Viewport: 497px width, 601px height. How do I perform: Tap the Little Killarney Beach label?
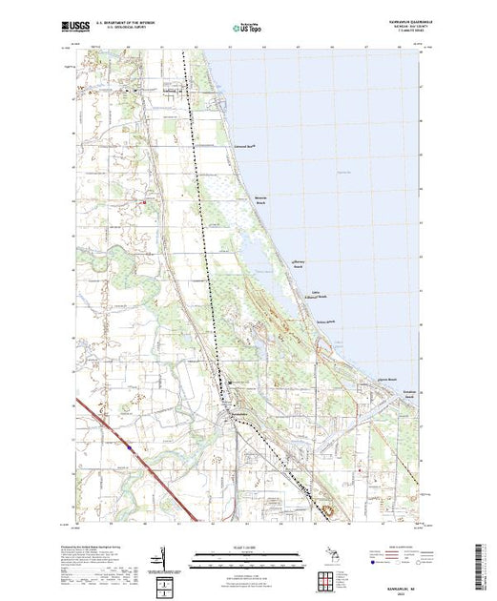(322, 294)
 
